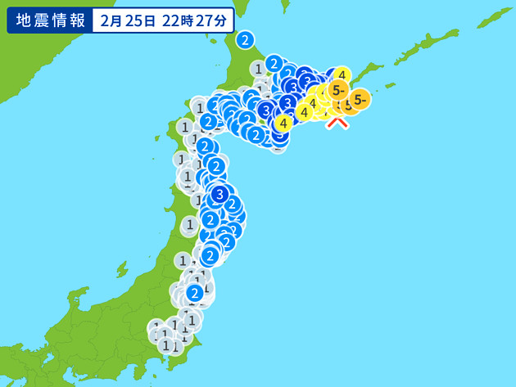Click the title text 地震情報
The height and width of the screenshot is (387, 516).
click(x=49, y=21)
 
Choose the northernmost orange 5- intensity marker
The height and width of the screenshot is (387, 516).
click(x=338, y=88)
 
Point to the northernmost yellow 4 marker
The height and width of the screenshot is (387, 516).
click(x=342, y=74)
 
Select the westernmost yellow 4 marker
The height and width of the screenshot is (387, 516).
click(x=283, y=124)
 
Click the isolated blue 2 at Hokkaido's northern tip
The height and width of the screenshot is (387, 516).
click(x=245, y=39)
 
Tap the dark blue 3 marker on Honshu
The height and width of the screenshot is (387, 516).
click(x=219, y=195)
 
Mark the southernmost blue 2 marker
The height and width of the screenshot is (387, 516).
click(x=195, y=293)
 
